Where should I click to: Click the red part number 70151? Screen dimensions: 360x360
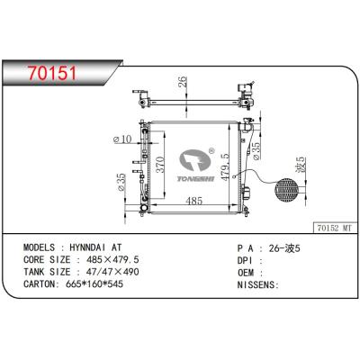click(x=52, y=73)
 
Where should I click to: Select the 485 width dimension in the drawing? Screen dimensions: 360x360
click(x=194, y=201)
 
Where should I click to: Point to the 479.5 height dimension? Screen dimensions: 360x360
click(x=225, y=166)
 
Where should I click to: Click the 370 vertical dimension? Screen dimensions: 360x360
click(x=160, y=165)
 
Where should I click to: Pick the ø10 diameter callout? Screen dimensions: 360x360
click(x=122, y=139)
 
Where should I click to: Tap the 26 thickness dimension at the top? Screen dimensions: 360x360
click(x=183, y=82)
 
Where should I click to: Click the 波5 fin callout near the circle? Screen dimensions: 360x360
click(x=301, y=165)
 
